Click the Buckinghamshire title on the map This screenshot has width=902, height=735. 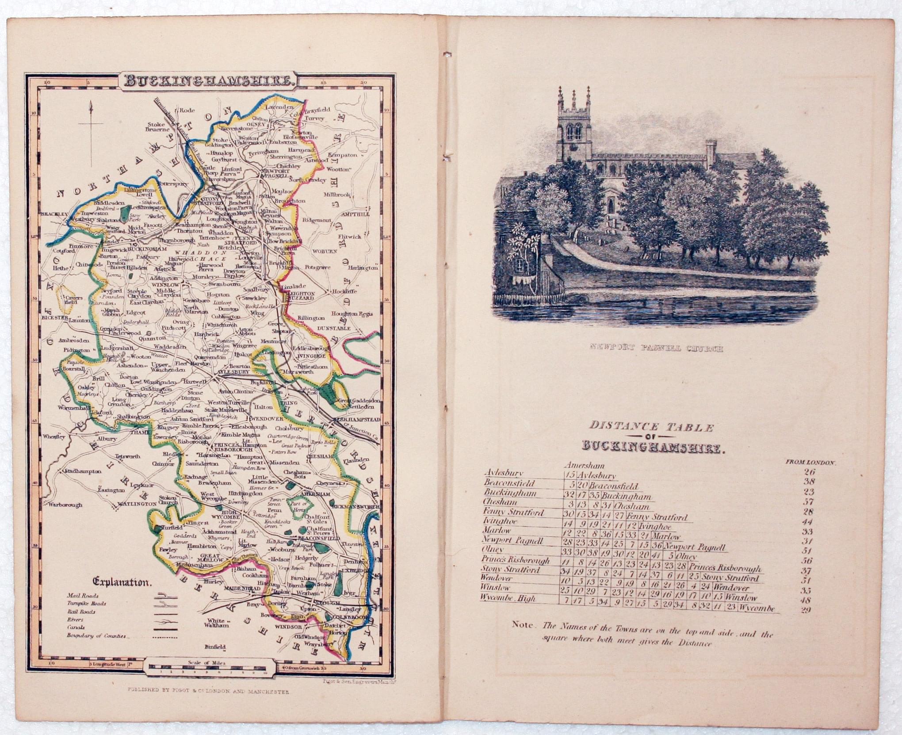[209, 81]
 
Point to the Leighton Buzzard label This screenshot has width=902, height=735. [302, 296]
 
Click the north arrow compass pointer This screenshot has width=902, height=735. [91, 133]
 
